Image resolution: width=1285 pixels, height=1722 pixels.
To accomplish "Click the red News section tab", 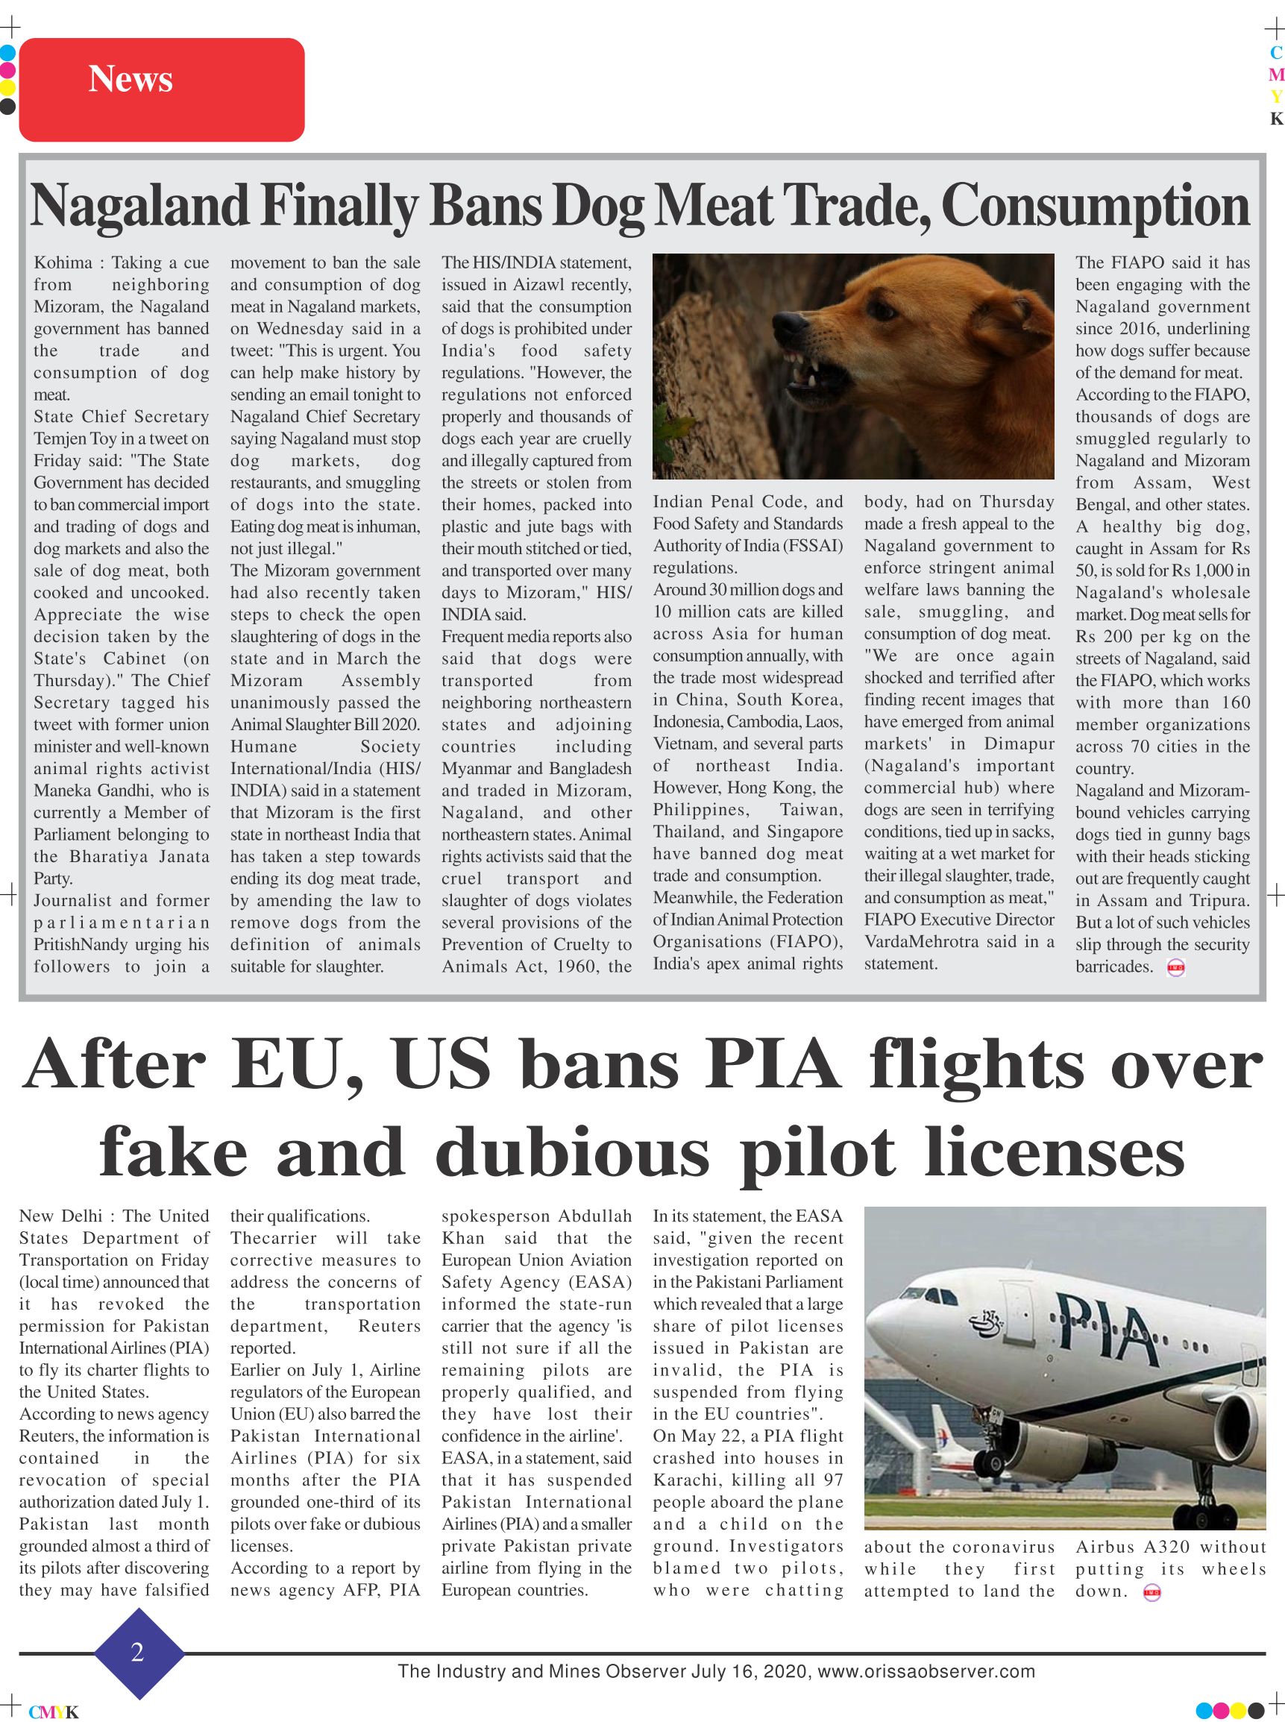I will pos(161,89).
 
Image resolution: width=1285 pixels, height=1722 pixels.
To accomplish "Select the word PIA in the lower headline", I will pos(773,1065).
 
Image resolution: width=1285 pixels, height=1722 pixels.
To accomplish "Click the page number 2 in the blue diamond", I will pos(138,1652).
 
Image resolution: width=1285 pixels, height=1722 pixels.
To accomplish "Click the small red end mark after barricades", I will pos(1175,968).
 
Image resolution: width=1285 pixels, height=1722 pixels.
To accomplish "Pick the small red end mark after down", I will pos(1152,1594).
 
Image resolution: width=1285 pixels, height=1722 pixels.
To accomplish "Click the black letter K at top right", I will pos(1275,119).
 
